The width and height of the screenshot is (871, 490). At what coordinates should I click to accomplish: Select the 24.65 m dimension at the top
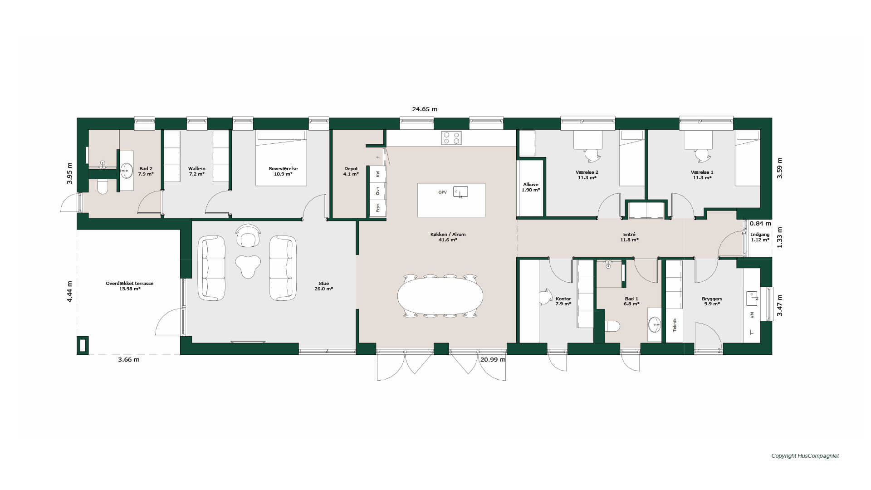pyautogui.click(x=425, y=109)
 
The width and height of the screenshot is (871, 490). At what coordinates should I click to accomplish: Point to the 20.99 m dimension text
pyautogui.click(x=493, y=359)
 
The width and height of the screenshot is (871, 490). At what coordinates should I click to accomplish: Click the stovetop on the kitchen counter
pyautogui.click(x=451, y=138)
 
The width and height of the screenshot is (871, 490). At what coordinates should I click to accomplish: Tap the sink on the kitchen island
pyautogui.click(x=460, y=192)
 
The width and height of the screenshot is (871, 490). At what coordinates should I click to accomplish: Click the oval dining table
pyautogui.click(x=440, y=296)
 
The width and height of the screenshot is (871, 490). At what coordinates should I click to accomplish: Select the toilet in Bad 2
pyautogui.click(x=103, y=186)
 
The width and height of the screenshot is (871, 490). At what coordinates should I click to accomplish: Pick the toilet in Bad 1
pyautogui.click(x=612, y=326)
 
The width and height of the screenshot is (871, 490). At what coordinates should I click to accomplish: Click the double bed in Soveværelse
pyautogui.click(x=281, y=158)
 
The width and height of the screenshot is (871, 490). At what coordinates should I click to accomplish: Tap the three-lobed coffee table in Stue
pyautogui.click(x=248, y=266)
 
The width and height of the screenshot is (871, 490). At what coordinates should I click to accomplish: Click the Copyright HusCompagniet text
pyautogui.click(x=805, y=456)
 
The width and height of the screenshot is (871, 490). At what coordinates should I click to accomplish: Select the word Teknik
pyautogui.click(x=675, y=325)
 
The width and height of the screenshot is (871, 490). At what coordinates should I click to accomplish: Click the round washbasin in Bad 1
pyautogui.click(x=655, y=324)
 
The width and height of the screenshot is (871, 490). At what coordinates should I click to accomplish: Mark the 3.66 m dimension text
pyautogui.click(x=129, y=360)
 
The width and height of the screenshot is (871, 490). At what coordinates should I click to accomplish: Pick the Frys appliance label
pyautogui.click(x=377, y=208)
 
